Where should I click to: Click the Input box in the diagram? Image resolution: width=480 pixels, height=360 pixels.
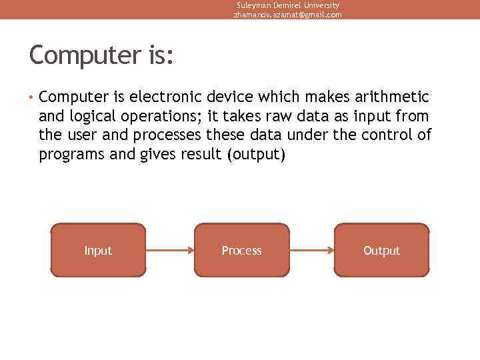pyautogui.click(x=98, y=250)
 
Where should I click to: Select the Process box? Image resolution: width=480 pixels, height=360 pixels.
pyautogui.click(x=241, y=250)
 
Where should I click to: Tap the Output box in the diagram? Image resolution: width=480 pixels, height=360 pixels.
pyautogui.click(x=381, y=250)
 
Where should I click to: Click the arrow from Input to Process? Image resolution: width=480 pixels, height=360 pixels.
pyautogui.click(x=169, y=251)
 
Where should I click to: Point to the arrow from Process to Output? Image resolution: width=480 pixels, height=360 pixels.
pyautogui.click(x=311, y=251)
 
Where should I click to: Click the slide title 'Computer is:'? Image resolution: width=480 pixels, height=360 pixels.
pyautogui.click(x=101, y=55)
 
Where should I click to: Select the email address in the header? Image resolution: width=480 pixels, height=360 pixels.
pyautogui.click(x=287, y=15)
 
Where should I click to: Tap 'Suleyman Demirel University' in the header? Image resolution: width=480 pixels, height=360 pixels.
pyautogui.click(x=287, y=5)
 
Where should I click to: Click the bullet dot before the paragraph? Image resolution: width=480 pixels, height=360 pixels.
pyautogui.click(x=31, y=98)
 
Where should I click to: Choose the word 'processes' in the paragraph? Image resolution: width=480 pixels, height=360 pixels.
pyautogui.click(x=167, y=135)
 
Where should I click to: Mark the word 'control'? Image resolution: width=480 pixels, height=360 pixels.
pyautogui.click(x=387, y=135)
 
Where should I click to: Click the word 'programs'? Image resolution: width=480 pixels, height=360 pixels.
pyautogui.click(x=69, y=155)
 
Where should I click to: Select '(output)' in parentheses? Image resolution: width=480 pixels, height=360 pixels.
pyautogui.click(x=256, y=155)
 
